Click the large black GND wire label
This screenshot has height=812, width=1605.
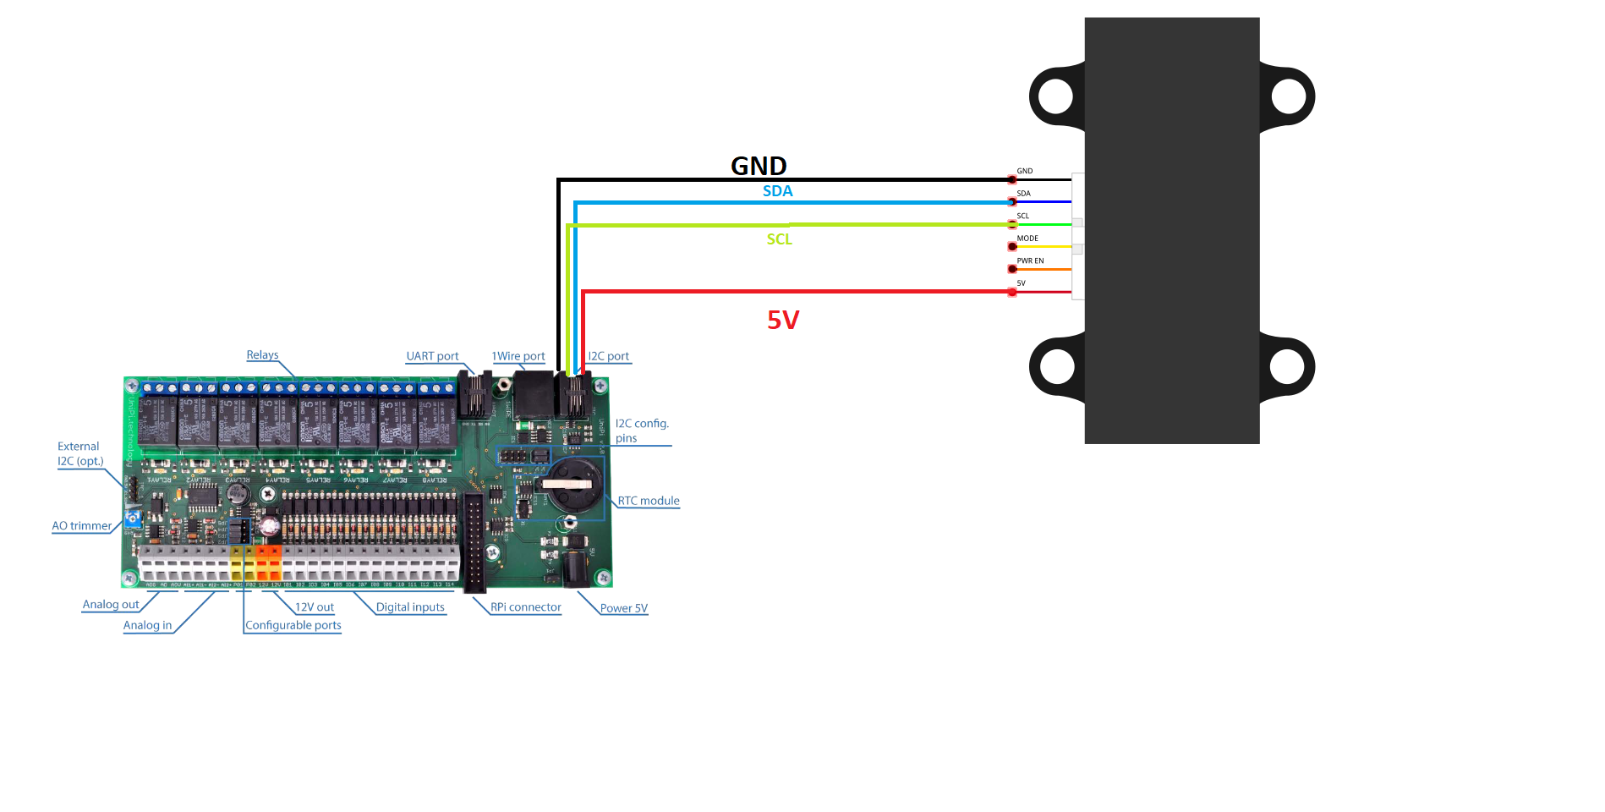tap(759, 166)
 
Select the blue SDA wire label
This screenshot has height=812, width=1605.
tap(777, 191)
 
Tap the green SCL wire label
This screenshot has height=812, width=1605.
tap(779, 239)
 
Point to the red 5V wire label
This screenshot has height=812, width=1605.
tap(783, 320)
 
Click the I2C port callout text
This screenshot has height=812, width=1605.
tap(609, 356)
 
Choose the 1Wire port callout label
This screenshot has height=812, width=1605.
tap(518, 356)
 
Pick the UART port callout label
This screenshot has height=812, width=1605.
tap(432, 356)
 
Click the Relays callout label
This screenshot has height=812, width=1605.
tap(262, 355)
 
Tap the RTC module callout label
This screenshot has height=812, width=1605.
tap(649, 501)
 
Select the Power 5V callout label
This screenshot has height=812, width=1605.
tap(624, 608)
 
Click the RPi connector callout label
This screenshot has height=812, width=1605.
tap(526, 607)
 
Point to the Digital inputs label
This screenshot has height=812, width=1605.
tap(410, 607)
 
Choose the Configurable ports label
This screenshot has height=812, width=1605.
tap(293, 626)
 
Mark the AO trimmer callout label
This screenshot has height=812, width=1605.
tap(82, 526)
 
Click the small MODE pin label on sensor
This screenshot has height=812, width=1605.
tap(1027, 239)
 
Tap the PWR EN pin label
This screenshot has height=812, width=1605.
tap(1030, 261)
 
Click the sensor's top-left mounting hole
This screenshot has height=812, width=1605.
tap(1055, 96)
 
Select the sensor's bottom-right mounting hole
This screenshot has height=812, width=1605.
tap(1287, 367)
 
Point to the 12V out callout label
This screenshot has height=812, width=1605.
tap(315, 607)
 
